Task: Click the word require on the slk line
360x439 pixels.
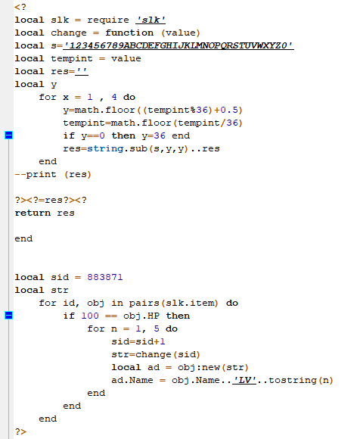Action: (x=108, y=20)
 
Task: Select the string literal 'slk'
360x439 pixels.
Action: (x=151, y=20)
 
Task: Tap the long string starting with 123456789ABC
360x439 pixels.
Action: (x=178, y=45)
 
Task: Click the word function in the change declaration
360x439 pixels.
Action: (x=129, y=33)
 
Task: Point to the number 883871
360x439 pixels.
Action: (x=105, y=277)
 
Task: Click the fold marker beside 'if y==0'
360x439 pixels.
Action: (x=8, y=135)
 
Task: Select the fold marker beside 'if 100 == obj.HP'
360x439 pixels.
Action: (x=8, y=316)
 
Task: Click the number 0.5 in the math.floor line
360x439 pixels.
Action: (x=229, y=110)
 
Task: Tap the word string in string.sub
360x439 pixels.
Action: (x=105, y=148)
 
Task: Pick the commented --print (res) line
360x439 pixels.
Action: (x=53, y=174)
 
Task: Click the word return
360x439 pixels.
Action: (x=33, y=213)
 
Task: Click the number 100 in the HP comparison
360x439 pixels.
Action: (x=90, y=316)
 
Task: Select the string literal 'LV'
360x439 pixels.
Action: (x=244, y=380)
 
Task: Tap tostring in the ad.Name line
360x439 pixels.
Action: (x=293, y=380)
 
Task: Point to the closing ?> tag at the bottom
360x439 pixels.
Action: (x=20, y=431)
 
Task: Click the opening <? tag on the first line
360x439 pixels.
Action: (x=20, y=7)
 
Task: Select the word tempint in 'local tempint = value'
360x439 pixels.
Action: (x=72, y=58)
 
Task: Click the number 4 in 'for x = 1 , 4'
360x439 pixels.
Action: (x=114, y=97)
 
